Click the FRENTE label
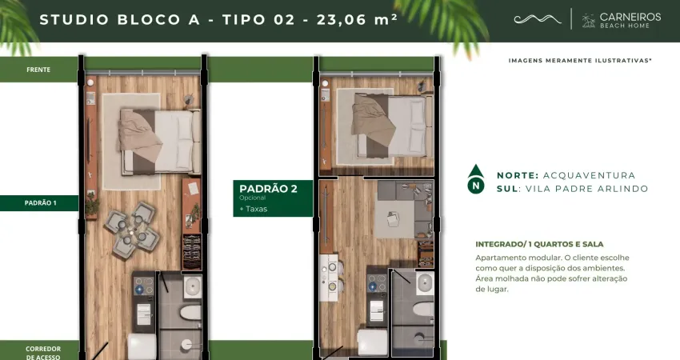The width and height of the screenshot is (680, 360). point(38,70)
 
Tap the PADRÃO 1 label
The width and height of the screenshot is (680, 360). point(40,202)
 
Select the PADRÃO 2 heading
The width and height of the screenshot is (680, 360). point(268,189)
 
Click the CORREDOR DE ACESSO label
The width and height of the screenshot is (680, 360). point(43,353)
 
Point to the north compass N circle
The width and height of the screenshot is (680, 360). point(476,186)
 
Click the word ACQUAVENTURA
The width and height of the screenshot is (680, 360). point(589,175)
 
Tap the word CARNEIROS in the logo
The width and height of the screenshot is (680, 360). point(630,17)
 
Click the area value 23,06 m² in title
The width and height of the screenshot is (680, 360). point(357,19)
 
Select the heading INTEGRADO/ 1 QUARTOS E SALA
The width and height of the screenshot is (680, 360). point(539,244)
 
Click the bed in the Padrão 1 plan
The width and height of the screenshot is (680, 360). point(159,141)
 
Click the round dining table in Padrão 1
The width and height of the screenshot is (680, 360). point(131,229)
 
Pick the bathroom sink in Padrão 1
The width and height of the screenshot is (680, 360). point(193,286)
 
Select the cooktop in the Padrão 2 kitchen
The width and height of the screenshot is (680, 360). point(377,282)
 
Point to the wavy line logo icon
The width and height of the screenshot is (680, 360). point(538,18)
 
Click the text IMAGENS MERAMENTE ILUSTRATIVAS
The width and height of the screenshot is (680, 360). point(580,60)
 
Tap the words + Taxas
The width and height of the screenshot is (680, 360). point(254,209)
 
